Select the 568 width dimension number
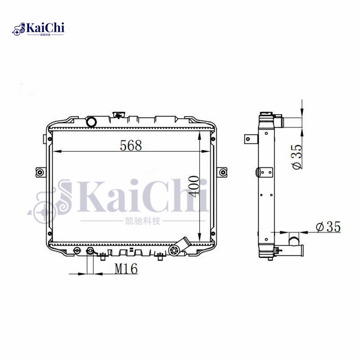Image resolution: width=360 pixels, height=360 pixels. click(131, 146)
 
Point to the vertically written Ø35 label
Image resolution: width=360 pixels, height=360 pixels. click(297, 157)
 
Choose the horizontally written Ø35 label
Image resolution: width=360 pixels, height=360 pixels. click(328, 227)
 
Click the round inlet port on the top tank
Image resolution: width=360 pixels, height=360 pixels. click(91, 121)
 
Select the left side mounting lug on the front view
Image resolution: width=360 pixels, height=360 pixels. click(40, 172)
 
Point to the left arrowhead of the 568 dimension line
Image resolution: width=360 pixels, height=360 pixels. click(56, 152)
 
